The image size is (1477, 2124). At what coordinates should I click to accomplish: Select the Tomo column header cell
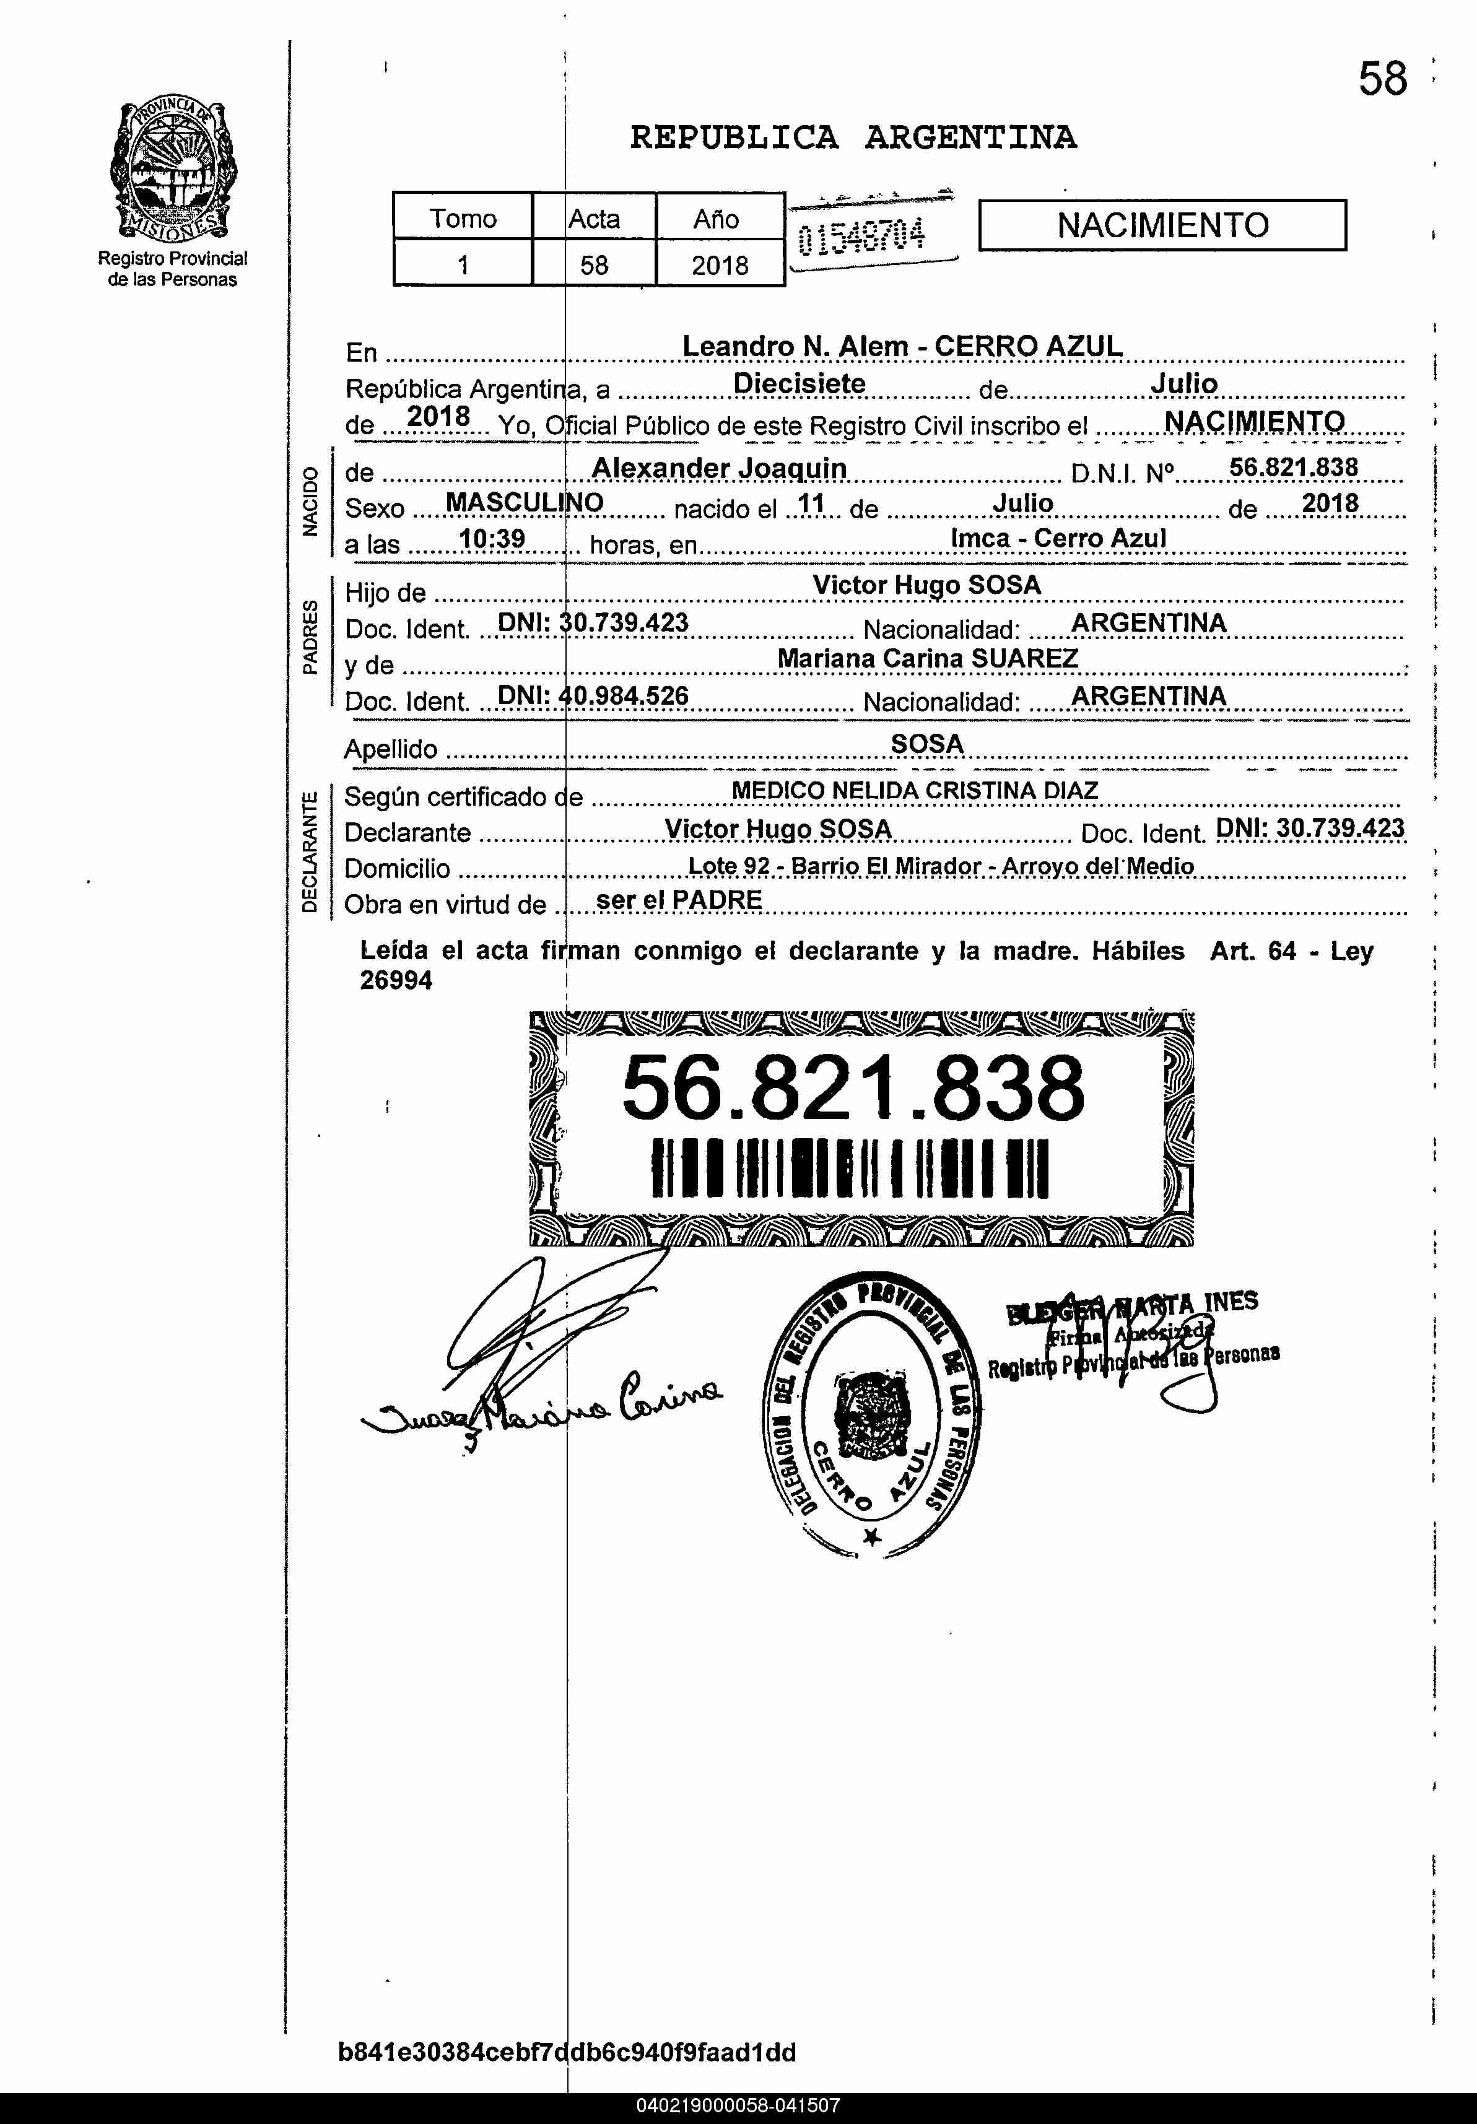pos(463,219)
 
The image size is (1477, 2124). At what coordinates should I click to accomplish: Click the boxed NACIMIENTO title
pos(1162,225)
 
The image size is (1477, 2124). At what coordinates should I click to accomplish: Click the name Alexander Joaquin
pos(719,468)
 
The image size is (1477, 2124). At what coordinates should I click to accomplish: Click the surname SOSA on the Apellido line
pos(927,744)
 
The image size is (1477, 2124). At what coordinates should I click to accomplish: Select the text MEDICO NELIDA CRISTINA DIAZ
pos(914,791)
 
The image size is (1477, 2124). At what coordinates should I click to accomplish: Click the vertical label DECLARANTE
pos(310,851)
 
